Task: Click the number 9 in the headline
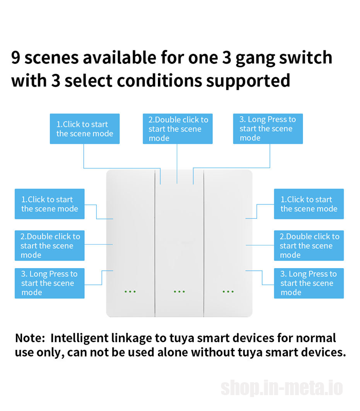click(16, 57)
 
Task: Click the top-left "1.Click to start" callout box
click(85, 129)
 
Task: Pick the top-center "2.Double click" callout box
click(177, 129)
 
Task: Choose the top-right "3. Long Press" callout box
click(268, 129)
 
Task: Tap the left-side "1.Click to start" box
click(49, 204)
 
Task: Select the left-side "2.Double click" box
click(49, 246)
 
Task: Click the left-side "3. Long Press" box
click(49, 284)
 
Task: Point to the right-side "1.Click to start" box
click(309, 204)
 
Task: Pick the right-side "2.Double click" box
click(309, 246)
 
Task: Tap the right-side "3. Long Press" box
click(309, 284)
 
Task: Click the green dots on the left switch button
click(130, 291)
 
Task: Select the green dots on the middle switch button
click(179, 291)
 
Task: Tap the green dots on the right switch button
click(228, 291)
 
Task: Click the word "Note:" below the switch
click(30, 338)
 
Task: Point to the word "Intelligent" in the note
click(79, 339)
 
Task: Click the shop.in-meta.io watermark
click(282, 388)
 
